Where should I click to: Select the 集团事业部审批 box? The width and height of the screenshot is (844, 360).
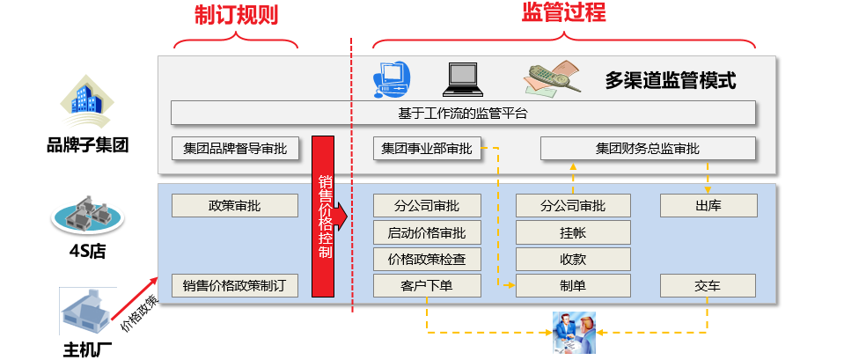(x=426, y=148)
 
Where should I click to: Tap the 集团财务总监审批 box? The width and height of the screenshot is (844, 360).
(x=647, y=148)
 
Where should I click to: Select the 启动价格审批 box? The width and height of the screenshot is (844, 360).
(x=426, y=232)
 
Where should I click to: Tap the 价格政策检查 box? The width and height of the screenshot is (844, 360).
(x=426, y=259)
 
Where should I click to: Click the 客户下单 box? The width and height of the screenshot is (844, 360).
(x=426, y=285)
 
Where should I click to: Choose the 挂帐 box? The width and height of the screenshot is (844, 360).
(x=573, y=232)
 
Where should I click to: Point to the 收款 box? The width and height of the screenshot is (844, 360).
(x=573, y=259)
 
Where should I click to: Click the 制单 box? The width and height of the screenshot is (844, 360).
(x=573, y=285)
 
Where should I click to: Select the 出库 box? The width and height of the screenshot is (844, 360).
(x=708, y=205)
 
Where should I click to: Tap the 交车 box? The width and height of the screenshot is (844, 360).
(x=708, y=285)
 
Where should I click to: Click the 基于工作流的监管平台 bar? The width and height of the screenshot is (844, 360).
(x=463, y=113)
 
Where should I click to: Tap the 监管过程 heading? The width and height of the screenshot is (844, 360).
(x=563, y=11)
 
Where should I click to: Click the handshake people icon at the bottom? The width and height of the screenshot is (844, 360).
(x=573, y=331)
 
